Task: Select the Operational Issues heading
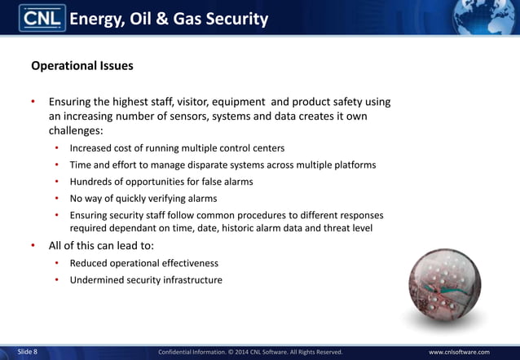82,64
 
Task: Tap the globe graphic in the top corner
490,16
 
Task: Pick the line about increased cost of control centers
177,148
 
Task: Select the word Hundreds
93,182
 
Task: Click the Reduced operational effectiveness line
143,263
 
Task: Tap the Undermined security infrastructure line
145,280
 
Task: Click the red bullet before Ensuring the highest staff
33,103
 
